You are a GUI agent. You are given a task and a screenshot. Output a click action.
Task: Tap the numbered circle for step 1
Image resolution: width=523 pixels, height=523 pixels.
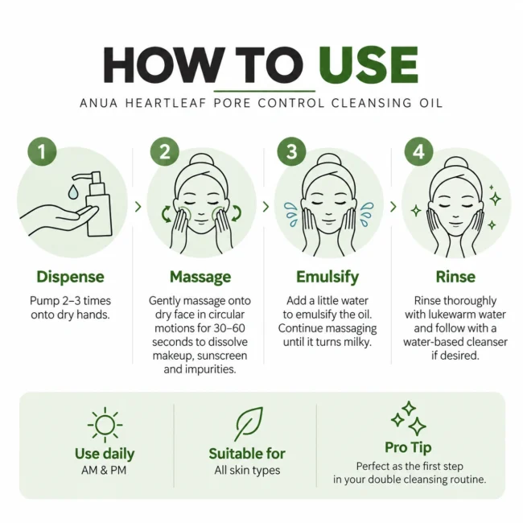(x=42, y=151)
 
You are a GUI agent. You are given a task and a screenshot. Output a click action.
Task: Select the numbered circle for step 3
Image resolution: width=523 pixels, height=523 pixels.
(x=291, y=151)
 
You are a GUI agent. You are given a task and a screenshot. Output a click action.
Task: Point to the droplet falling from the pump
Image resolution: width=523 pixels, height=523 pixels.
(x=72, y=191)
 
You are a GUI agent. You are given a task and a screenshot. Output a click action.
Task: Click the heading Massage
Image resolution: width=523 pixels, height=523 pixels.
(x=200, y=277)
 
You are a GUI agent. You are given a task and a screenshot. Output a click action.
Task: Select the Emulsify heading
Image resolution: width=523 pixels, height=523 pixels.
(x=327, y=277)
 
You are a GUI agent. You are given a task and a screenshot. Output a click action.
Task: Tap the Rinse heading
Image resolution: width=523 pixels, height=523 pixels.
(x=455, y=277)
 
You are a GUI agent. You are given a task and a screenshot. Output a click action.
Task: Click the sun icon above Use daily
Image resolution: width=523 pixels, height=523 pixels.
(x=105, y=425)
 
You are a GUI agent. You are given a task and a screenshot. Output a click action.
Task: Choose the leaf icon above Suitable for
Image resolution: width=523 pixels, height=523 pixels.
(x=249, y=423)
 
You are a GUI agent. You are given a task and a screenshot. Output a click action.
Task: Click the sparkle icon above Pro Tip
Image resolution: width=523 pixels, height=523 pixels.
(x=408, y=418)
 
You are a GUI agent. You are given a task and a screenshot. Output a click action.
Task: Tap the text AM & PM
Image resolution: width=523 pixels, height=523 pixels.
(x=104, y=471)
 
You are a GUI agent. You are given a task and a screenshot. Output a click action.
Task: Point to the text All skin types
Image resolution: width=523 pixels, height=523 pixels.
(x=247, y=471)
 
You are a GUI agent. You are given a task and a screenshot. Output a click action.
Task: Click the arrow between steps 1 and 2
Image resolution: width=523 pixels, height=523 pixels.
(x=138, y=207)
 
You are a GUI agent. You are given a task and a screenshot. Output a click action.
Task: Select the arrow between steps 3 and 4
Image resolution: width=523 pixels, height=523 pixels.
(x=393, y=207)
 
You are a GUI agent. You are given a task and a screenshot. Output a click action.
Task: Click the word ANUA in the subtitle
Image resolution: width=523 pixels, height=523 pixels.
(x=99, y=103)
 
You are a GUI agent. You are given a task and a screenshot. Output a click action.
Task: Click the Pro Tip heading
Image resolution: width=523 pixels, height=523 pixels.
(x=408, y=447)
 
